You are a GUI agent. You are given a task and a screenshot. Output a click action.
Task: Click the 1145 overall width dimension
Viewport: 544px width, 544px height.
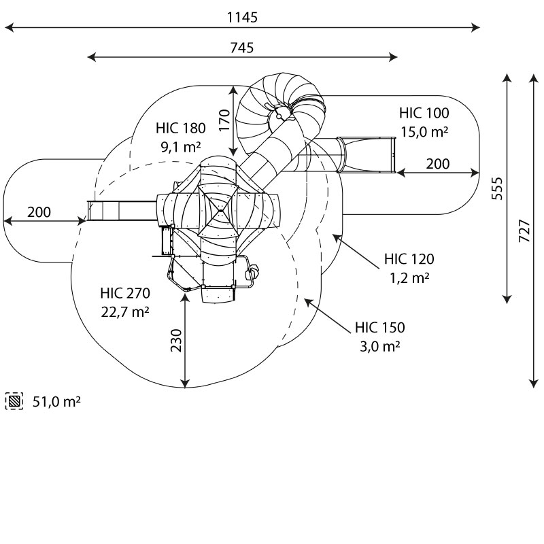(x=242, y=18)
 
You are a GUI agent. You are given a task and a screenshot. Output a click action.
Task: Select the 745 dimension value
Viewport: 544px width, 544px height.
(x=242, y=48)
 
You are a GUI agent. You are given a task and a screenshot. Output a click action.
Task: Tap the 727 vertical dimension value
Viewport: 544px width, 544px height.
(x=524, y=231)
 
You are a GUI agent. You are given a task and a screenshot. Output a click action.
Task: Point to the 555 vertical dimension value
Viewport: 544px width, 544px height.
(x=498, y=188)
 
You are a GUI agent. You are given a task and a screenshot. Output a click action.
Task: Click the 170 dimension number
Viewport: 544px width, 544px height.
(x=225, y=120)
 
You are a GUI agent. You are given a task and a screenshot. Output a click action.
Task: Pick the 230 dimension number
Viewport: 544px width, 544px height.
(x=176, y=341)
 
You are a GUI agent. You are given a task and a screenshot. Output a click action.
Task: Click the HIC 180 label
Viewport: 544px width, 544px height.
(x=181, y=128)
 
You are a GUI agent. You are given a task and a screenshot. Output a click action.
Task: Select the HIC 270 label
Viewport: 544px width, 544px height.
(x=125, y=293)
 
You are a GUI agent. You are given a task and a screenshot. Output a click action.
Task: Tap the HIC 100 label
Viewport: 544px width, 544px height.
(x=424, y=113)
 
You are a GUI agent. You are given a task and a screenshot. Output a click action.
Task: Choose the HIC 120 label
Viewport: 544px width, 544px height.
(x=409, y=259)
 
